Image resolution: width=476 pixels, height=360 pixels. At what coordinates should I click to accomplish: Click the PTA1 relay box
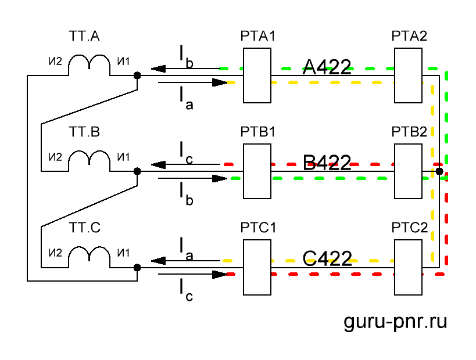(257, 75)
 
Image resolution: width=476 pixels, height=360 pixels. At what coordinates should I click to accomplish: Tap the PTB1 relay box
(257, 171)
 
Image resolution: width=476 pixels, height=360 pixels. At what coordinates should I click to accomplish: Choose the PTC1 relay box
(257, 267)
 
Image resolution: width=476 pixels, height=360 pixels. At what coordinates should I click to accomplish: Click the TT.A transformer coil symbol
(89, 66)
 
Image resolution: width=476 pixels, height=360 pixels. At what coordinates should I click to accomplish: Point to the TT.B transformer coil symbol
(89, 161)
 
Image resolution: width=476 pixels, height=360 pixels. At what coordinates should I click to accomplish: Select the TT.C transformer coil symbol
(89, 257)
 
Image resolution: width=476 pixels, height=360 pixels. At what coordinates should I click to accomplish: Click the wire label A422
(327, 67)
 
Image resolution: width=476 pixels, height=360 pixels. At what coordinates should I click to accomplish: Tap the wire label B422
(327, 163)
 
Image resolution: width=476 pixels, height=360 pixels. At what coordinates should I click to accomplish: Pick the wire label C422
(327, 258)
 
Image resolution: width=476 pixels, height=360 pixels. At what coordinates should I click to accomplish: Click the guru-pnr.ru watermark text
(396, 322)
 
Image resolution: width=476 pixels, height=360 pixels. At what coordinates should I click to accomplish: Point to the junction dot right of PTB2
(439, 171)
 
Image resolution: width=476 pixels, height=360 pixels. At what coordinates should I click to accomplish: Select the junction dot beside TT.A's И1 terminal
(137, 75)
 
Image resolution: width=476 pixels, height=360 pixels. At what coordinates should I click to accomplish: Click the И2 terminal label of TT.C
(56, 253)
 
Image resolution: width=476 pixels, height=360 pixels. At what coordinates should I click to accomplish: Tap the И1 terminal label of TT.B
(123, 157)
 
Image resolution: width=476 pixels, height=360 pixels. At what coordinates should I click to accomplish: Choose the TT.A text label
(85, 37)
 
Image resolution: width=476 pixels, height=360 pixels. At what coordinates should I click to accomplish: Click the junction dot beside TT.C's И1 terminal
(137, 268)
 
